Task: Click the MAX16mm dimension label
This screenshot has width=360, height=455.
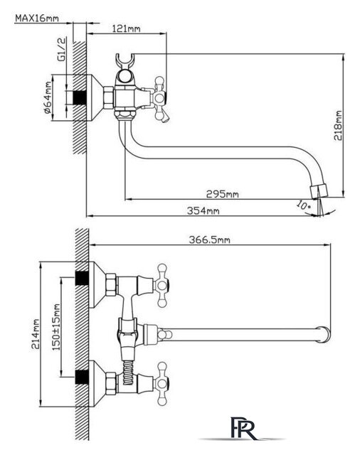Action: click(x=37, y=18)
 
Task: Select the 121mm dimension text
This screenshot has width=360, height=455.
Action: click(x=127, y=28)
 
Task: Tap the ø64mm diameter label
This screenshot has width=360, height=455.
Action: click(x=48, y=97)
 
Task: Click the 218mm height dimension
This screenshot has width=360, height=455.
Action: click(x=338, y=125)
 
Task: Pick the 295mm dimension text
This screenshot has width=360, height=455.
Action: click(x=223, y=194)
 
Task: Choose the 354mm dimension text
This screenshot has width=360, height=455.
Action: click(x=203, y=210)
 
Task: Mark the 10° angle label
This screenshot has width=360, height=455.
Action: click(x=303, y=205)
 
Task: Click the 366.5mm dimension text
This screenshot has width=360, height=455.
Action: click(x=210, y=240)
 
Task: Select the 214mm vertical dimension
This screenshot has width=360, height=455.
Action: click(x=36, y=334)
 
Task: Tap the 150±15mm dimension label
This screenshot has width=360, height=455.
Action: click(x=56, y=327)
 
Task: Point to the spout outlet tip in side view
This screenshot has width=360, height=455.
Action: click(x=319, y=191)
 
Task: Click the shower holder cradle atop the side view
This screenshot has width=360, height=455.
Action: click(x=125, y=60)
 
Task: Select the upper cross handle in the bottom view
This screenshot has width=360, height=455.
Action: click(x=162, y=285)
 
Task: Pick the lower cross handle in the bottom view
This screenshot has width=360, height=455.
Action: click(x=162, y=384)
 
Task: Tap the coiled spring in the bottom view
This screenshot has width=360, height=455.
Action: click(x=127, y=372)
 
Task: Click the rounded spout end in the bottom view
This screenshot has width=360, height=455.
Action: click(x=324, y=335)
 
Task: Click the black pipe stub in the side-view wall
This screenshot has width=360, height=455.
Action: click(x=79, y=97)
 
